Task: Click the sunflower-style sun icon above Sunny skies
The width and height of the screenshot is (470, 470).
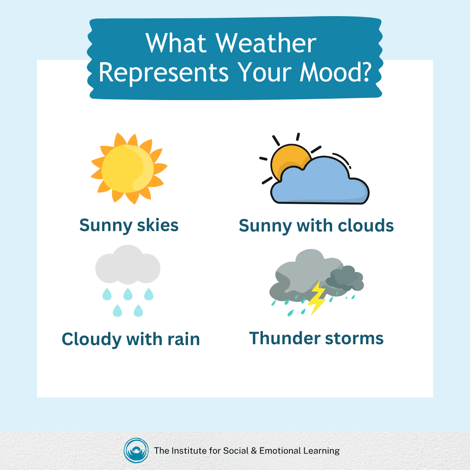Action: tap(129, 168)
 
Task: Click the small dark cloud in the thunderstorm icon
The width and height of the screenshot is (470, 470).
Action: tap(346, 279)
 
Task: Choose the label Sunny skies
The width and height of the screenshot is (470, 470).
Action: tap(129, 225)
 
